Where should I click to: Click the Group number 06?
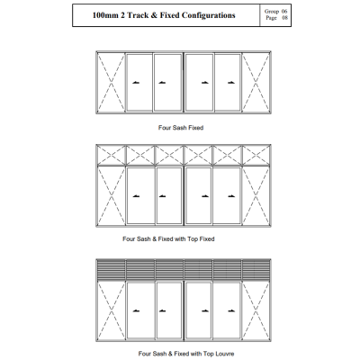[x=284, y=12]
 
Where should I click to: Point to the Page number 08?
[x=284, y=18]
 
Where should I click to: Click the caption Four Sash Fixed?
[x=181, y=128]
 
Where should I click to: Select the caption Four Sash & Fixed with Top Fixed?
[x=168, y=239]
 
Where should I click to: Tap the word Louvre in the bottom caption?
[x=224, y=354]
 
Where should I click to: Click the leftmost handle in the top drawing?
[x=136, y=83]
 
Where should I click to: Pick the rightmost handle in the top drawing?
[x=231, y=83]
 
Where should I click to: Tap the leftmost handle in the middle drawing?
[x=136, y=196]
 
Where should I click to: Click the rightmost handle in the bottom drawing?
[x=231, y=310]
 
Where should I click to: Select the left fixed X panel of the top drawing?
[x=112, y=83]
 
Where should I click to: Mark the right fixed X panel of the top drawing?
[x=256, y=83]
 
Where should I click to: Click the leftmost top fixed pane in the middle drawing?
[x=112, y=156]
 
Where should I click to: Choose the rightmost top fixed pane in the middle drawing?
[x=256, y=156]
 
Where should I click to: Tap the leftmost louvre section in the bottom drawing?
[x=112, y=270]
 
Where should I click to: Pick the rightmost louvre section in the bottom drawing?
[x=256, y=270]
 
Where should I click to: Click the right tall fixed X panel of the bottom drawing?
[x=256, y=310]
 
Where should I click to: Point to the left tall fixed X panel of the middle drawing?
[x=112, y=196]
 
